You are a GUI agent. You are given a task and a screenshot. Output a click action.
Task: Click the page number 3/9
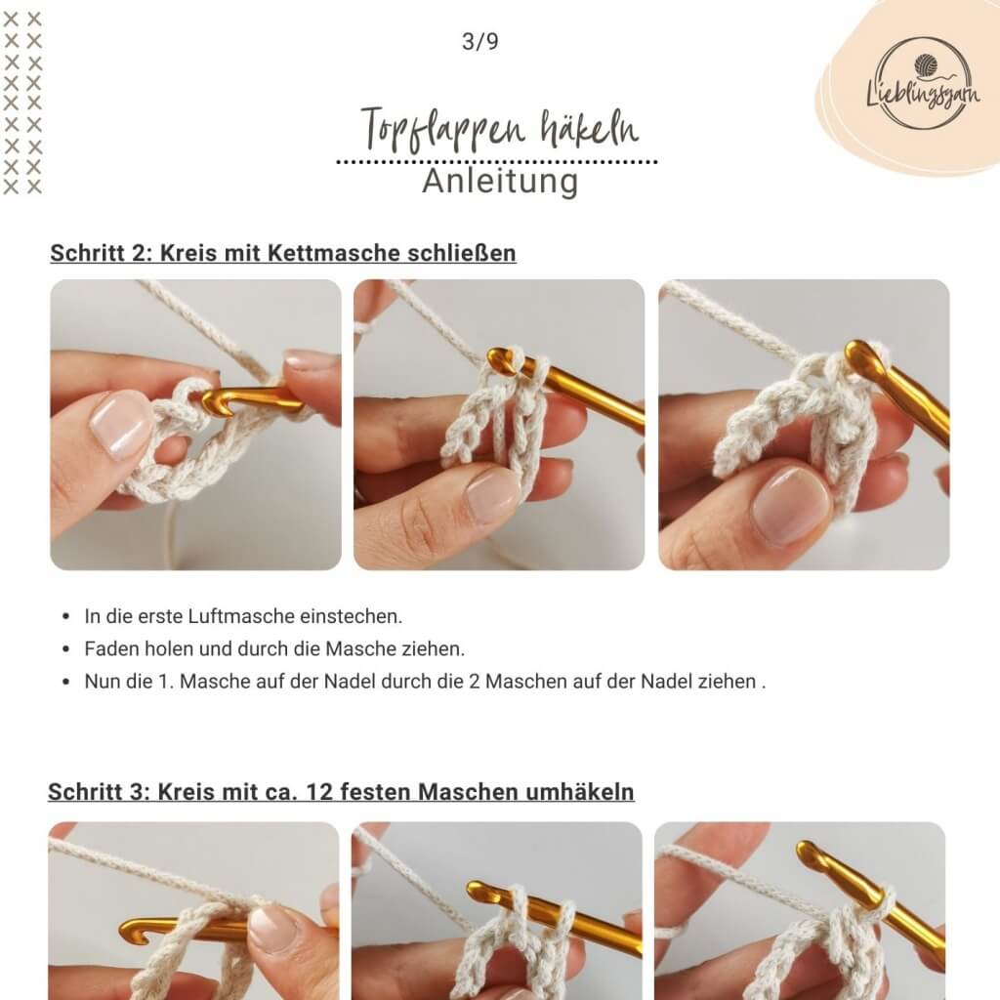(480, 41)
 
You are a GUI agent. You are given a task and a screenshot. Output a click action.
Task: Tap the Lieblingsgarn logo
(923, 83)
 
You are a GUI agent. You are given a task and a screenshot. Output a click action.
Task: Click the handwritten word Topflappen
(443, 130)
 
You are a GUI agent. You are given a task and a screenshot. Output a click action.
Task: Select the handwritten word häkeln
(589, 127)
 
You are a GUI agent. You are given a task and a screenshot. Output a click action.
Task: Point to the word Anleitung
(500, 181)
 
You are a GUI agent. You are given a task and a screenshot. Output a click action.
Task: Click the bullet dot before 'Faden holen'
(66, 649)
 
